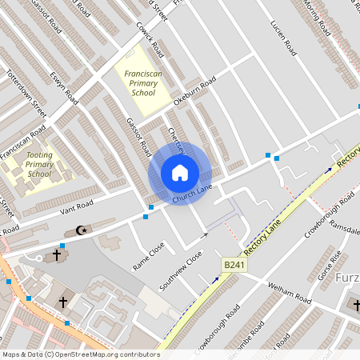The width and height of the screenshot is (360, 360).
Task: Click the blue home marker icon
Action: tap(179, 172)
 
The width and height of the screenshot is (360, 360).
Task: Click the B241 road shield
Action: tap(233, 265)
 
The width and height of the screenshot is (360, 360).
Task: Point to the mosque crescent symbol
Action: tap(79, 230)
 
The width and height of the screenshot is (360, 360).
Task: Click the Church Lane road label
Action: tap(192, 193)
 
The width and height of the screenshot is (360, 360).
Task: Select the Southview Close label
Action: tap(181, 271)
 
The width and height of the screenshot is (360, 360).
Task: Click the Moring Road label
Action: tap(316, 18)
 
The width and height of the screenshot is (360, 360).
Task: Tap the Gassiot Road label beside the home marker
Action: tap(138, 136)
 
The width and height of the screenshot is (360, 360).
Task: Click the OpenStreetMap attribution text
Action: tap(80, 354)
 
